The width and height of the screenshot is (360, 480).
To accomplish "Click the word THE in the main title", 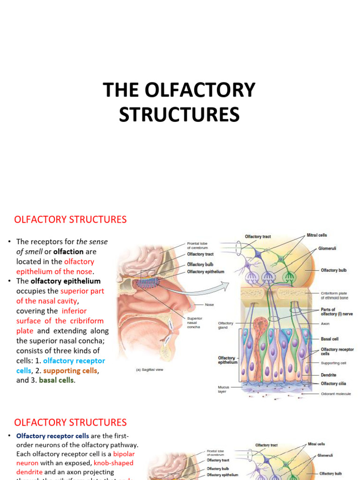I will (121, 90).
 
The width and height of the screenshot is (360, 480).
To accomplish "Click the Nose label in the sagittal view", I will (209, 305).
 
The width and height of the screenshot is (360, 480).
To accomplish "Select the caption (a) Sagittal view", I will (150, 370).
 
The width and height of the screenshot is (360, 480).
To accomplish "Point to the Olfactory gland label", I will (225, 325).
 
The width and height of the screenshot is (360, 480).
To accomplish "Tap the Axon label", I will (326, 323).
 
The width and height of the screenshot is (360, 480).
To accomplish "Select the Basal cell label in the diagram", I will (330, 338).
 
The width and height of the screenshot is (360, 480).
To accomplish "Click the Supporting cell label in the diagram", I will (334, 363).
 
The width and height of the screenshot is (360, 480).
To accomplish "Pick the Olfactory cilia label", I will (333, 383).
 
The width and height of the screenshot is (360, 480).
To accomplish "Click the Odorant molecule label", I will (336, 394).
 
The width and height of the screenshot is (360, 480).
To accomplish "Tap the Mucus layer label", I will (224, 390).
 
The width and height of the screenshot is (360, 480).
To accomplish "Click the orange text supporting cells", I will (70, 371).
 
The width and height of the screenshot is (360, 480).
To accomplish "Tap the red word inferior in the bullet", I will (74, 311).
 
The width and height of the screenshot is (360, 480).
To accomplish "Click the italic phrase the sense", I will (92, 241).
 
